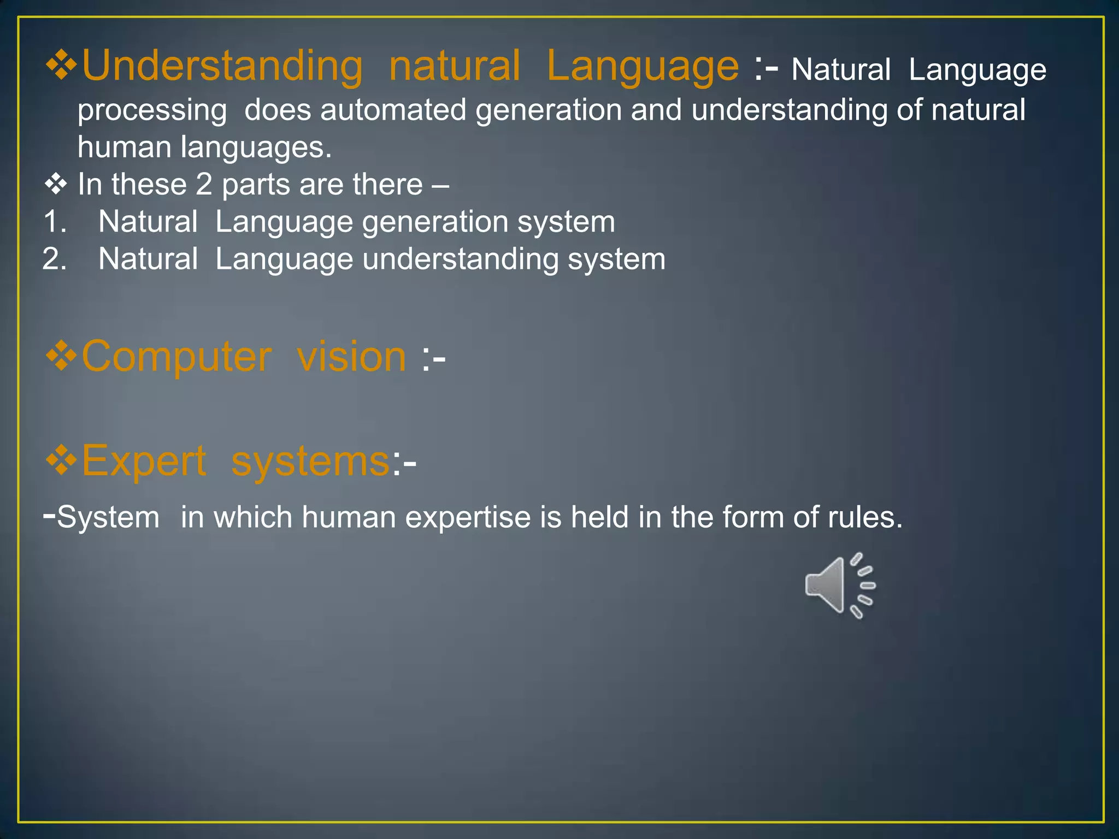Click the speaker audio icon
coord(839,586)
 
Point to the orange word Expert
coord(144,462)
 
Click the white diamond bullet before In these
coord(56,185)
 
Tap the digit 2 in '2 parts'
coord(203,185)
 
